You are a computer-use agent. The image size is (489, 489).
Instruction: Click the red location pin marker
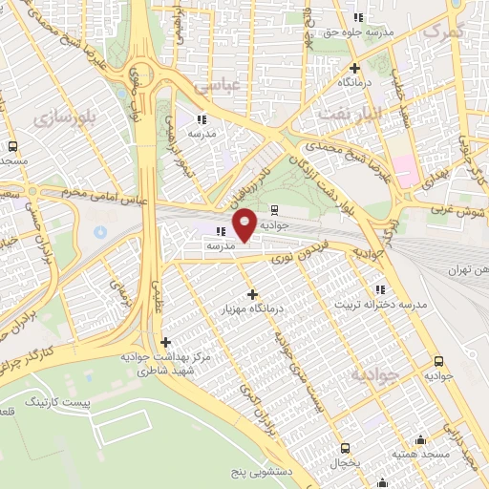pos(245,225)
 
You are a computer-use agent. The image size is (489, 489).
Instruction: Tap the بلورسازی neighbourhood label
pos(64,117)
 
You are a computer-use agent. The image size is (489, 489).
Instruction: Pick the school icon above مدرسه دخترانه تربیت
pos(380,289)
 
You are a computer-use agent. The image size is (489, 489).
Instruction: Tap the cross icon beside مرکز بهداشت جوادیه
pos(166,342)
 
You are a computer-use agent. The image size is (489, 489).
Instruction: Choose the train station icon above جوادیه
pos(275,211)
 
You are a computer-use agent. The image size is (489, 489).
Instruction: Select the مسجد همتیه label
pos(422,456)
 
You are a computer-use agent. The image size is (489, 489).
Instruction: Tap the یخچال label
pos(342,461)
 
